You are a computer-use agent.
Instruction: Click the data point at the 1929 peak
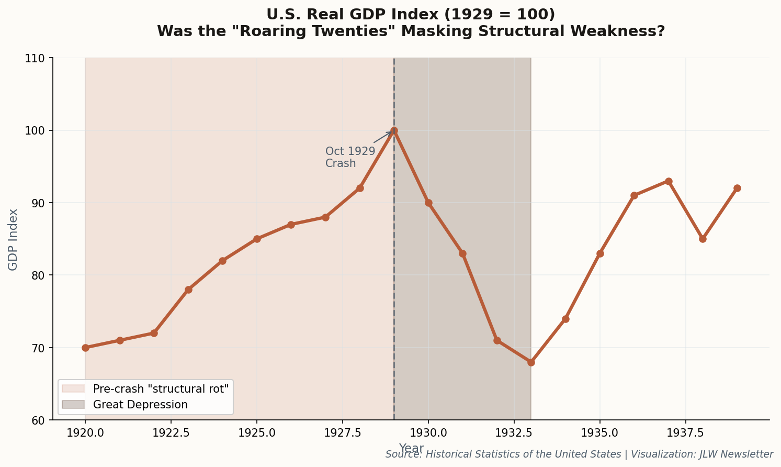(394, 130)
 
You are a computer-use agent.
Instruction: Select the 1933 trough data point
(531, 362)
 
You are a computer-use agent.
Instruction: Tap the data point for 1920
(85, 348)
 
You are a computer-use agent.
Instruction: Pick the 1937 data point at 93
(669, 181)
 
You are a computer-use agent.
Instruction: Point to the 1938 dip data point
(703, 239)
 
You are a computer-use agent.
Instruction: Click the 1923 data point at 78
(188, 290)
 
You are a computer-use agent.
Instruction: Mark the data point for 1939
(737, 188)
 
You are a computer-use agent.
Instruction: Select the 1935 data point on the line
(600, 253)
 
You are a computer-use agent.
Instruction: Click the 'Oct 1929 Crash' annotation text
(350, 157)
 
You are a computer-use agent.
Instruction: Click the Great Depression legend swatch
(73, 405)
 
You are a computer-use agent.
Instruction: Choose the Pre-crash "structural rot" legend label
(161, 389)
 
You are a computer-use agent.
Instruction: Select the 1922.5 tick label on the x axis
(171, 433)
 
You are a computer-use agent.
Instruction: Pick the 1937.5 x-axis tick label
(685, 433)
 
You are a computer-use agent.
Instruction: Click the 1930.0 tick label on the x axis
(428, 433)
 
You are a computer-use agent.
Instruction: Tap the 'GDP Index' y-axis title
(13, 239)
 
